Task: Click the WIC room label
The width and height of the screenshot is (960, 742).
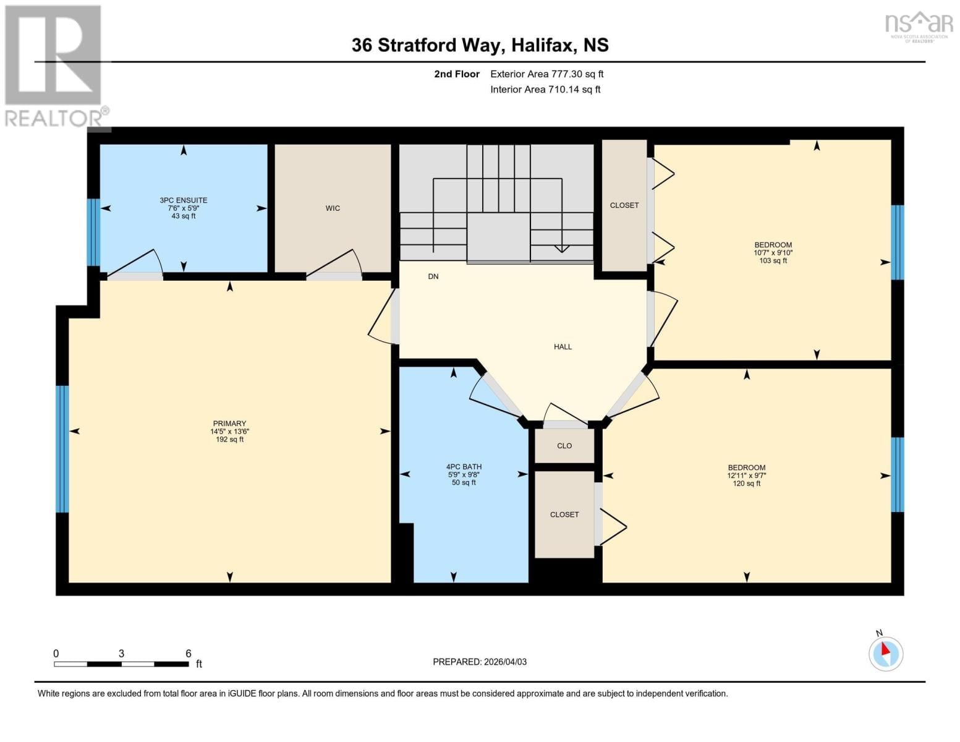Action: coord(333,208)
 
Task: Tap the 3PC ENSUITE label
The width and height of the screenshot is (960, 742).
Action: coord(184,200)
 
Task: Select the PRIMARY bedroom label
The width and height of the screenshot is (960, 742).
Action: coord(229,424)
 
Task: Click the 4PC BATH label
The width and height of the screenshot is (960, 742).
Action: coord(464,467)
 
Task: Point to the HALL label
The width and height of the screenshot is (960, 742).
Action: coord(563,347)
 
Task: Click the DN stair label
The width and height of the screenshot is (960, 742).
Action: coord(433,276)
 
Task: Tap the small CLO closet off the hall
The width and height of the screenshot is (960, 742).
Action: coord(564,446)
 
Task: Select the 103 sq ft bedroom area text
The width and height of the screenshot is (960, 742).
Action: coord(773,261)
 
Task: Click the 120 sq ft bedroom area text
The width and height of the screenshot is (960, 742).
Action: coord(746,484)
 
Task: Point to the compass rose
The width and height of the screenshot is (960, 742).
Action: coord(886,653)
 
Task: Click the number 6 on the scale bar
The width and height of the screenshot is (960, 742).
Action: coord(189,654)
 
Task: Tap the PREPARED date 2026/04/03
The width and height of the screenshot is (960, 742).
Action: coord(480,662)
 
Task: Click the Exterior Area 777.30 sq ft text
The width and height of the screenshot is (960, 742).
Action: coord(546,74)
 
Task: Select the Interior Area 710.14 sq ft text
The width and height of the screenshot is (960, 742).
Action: coord(545,90)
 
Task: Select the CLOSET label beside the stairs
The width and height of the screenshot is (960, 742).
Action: coord(624,205)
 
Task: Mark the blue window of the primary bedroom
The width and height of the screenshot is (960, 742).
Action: coord(62,449)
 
